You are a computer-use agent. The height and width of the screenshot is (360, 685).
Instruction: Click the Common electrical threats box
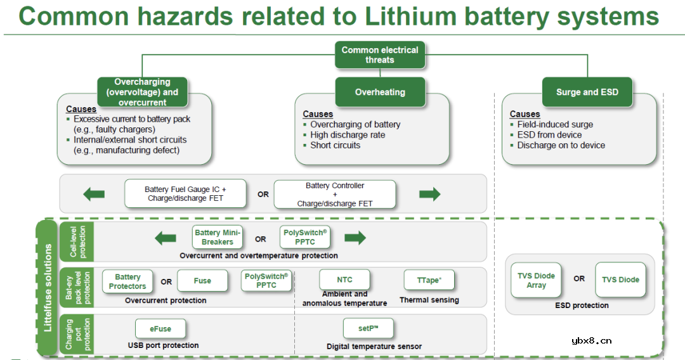point(380,55)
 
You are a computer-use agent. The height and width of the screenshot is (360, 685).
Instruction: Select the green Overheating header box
point(380,92)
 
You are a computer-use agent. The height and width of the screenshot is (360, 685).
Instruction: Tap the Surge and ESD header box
point(587,92)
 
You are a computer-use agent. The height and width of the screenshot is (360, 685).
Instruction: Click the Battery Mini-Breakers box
point(218,238)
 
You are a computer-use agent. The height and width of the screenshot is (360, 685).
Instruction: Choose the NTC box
point(344,280)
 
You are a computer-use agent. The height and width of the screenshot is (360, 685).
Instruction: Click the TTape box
point(429,280)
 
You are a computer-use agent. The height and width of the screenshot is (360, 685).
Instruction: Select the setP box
point(368,328)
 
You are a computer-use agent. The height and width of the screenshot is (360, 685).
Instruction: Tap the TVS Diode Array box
point(536,281)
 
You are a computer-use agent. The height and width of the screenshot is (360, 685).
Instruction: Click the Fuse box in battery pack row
point(202,281)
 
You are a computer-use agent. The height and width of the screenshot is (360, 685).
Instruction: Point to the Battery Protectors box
point(127,281)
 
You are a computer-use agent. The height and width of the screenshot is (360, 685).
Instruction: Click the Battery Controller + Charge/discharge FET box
point(334,195)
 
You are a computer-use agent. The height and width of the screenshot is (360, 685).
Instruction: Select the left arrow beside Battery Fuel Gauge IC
point(94,195)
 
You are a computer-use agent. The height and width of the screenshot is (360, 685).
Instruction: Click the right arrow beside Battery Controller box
point(429,195)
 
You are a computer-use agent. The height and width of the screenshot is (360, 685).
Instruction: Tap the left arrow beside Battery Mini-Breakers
point(166,238)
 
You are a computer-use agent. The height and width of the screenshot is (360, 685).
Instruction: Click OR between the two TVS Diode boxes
point(579,279)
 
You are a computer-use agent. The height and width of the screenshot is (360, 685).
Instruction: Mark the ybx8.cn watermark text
point(591,340)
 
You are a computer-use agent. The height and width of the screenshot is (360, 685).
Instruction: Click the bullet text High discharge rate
point(348,135)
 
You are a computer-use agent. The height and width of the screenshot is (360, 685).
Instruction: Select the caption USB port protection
point(163,345)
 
